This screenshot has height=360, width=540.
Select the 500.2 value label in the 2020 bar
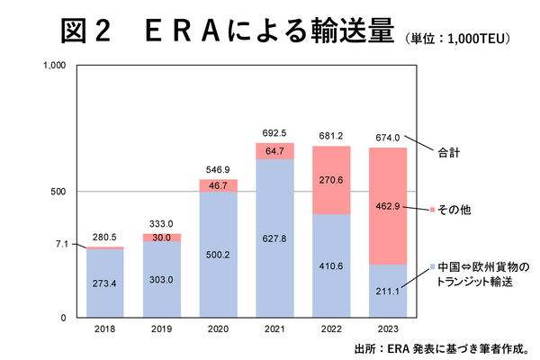pyautogui.click(x=219, y=256)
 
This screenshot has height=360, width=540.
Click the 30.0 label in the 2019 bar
pyautogui.click(x=162, y=238)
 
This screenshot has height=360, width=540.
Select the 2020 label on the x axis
pyautogui.click(x=219, y=329)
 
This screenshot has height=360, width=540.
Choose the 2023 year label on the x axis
pyautogui.click(x=389, y=329)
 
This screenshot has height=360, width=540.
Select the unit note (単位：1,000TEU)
pyautogui.click(x=459, y=38)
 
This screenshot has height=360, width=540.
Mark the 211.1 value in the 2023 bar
pyautogui.click(x=389, y=289)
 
